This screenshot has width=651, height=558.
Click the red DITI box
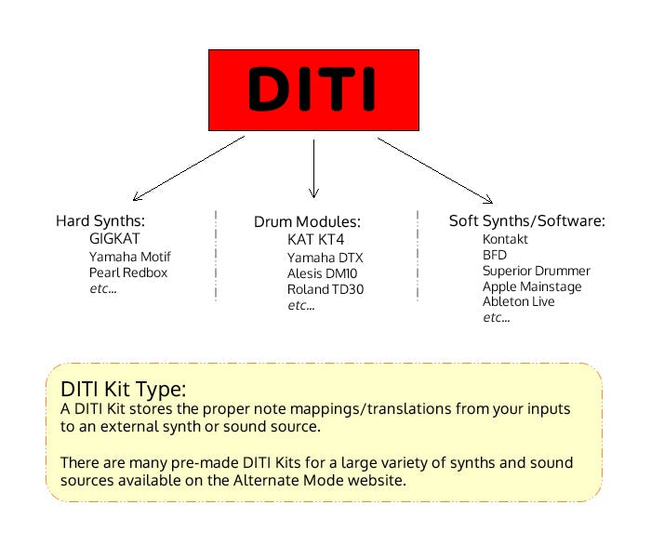[313, 90]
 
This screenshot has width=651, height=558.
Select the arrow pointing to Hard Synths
[189, 168]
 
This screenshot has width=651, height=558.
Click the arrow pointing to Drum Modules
[314, 168]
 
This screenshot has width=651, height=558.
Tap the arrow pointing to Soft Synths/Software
[435, 170]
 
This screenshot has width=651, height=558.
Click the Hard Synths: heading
[100, 221]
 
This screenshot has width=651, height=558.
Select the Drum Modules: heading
[307, 221]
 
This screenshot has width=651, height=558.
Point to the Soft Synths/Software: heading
[527, 221]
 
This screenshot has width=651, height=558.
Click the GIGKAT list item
[114, 239]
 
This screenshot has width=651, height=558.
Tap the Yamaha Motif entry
[130, 257]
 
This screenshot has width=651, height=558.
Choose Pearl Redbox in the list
[128, 272]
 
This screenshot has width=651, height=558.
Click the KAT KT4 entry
[315, 240]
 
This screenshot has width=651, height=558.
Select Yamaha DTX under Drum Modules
[325, 258]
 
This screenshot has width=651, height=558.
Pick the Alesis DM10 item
[322, 273]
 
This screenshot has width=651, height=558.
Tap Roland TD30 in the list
[325, 289]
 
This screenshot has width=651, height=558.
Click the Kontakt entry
[505, 239]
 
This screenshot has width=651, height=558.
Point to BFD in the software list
[495, 255]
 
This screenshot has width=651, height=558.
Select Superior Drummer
[537, 271]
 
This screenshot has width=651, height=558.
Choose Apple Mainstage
[532, 286]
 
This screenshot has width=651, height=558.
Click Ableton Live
[519, 301]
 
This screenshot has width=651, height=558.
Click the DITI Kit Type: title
[124, 390]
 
